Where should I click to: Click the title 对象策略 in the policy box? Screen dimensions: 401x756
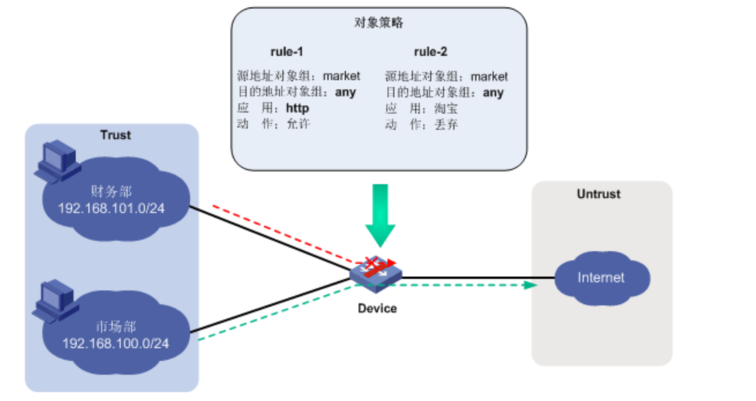[378, 23]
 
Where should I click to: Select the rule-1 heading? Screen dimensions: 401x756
[287, 52]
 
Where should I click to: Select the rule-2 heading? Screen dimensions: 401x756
[430, 52]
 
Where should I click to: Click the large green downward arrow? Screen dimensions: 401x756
[379, 213]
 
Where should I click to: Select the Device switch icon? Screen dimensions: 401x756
[377, 271]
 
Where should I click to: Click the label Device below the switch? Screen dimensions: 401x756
[377, 308]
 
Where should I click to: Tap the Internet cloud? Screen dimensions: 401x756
[601, 278]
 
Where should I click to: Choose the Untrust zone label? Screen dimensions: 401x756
[598, 194]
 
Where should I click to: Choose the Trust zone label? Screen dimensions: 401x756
[115, 135]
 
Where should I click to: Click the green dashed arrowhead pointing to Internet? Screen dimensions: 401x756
[528, 285]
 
